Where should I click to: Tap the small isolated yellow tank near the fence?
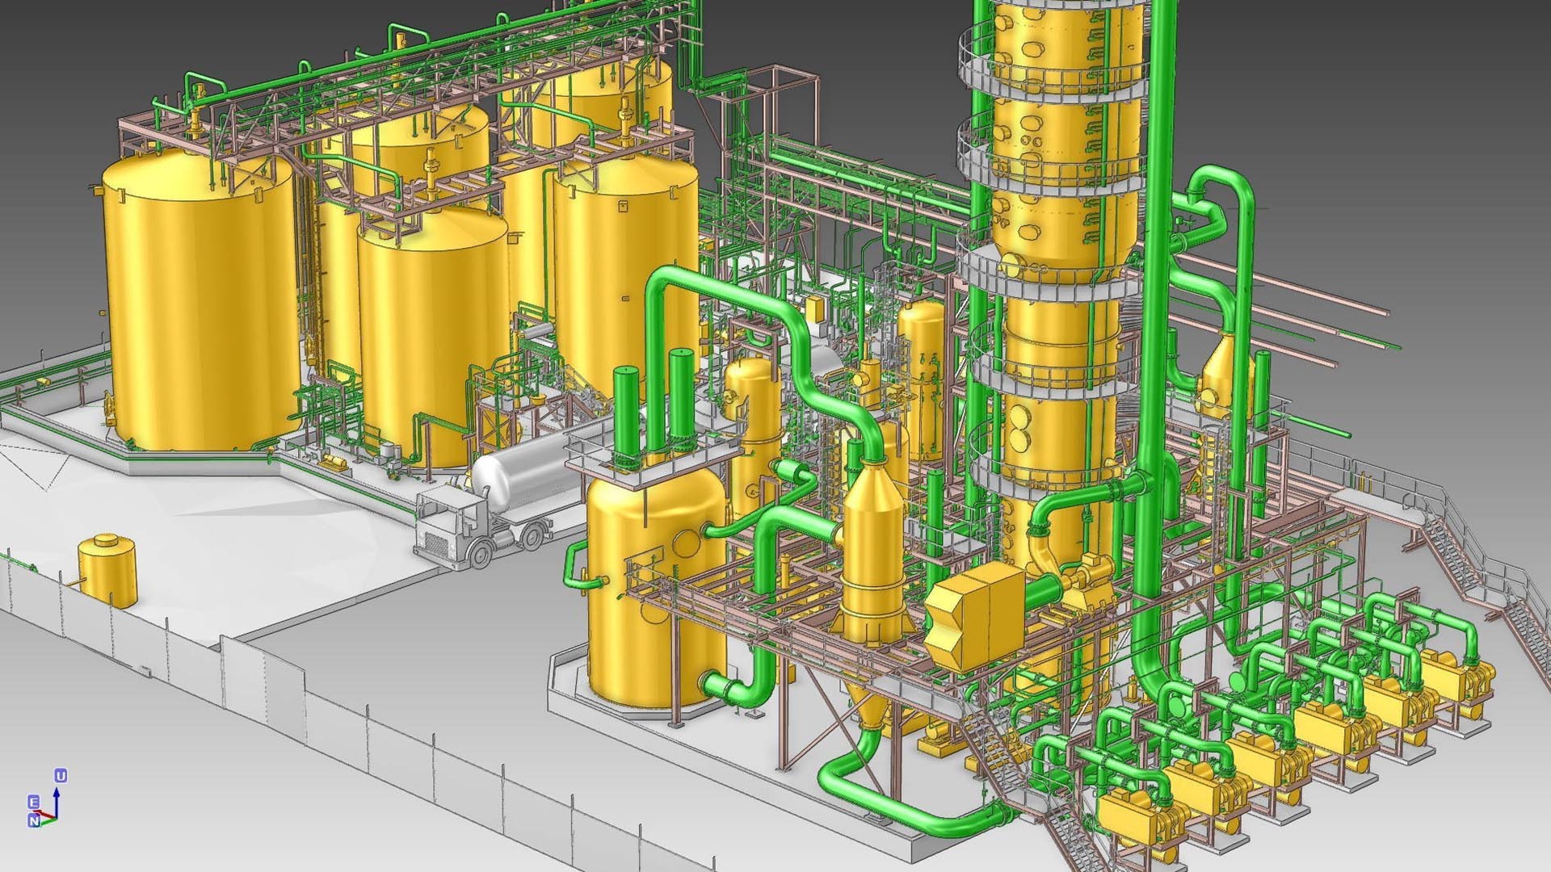pyautogui.click(x=107, y=568)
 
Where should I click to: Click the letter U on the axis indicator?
pyautogui.click(x=61, y=776)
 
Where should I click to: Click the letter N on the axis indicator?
pyautogui.click(x=34, y=820)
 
